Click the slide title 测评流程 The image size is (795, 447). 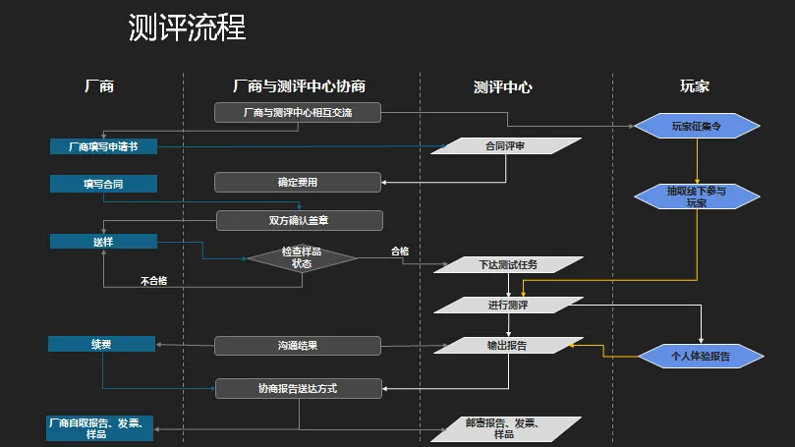[187, 28]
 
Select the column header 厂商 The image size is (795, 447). [99, 86]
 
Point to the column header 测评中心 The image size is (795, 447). [502, 86]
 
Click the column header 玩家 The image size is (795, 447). [694, 86]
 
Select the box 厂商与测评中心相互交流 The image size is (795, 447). [297, 113]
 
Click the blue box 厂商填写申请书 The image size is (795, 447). [103, 146]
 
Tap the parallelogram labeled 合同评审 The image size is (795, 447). [507, 146]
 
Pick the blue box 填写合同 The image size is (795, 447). [103, 183]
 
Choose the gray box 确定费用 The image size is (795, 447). [297, 182]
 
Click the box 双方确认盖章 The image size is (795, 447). [299, 220]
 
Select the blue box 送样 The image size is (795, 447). [103, 241]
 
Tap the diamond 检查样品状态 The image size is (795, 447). [302, 257]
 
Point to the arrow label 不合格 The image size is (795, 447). [153, 281]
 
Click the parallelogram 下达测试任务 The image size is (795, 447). [507, 265]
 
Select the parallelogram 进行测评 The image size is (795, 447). [508, 306]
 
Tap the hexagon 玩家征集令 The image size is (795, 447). [697, 126]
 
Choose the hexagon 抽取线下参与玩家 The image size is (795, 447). [697, 196]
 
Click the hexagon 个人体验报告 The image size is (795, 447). [700, 356]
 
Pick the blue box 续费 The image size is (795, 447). [103, 344]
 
